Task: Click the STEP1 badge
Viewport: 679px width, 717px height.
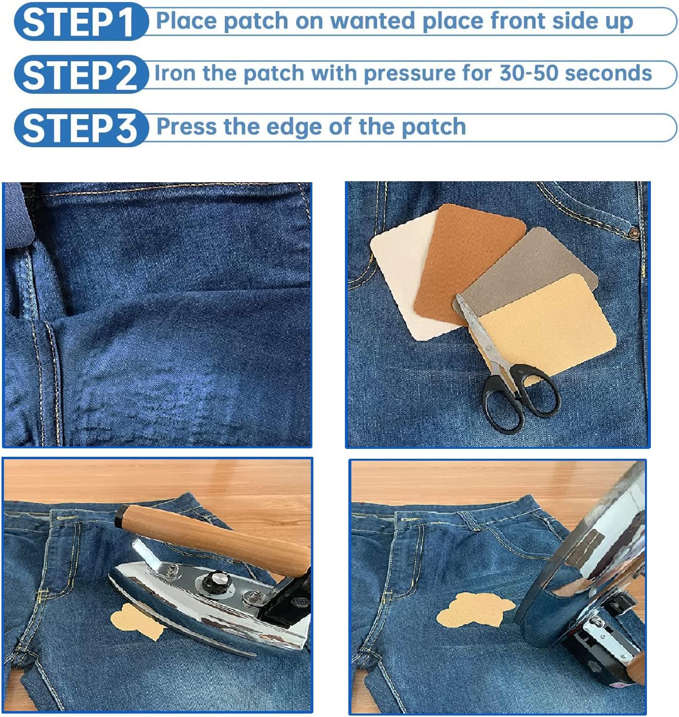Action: (79, 22)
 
